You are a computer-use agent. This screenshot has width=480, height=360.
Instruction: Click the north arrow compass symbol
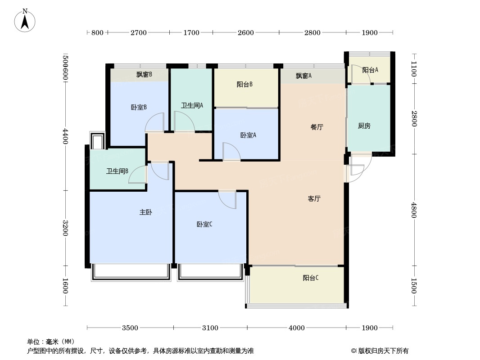point(25,20)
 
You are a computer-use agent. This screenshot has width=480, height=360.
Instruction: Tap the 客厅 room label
point(314,199)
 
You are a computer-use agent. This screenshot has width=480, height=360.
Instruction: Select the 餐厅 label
point(317,127)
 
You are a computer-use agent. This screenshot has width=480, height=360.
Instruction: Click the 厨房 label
point(364,126)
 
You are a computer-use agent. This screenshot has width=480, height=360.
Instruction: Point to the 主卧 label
point(146,212)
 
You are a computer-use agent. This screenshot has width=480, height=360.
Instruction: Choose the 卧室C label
point(204,224)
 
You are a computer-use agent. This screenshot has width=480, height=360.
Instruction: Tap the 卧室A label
point(248,135)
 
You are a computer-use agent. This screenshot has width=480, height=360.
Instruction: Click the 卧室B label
point(139,107)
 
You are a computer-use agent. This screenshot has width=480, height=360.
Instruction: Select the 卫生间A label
point(192,105)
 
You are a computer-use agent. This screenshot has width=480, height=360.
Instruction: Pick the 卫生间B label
point(117,171)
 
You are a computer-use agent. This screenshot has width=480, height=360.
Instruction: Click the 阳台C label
point(311,278)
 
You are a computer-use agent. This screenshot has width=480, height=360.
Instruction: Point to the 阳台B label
point(245,85)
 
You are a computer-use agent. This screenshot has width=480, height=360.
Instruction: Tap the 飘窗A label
point(303,76)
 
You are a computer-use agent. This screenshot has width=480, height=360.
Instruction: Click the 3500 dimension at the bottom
point(130,328)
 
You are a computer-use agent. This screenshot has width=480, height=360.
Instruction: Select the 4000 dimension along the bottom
point(297,328)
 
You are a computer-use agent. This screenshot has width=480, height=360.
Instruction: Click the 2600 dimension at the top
point(246,32)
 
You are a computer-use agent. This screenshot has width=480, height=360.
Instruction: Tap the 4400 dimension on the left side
point(65,136)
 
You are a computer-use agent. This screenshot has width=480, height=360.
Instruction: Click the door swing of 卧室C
point(227,200)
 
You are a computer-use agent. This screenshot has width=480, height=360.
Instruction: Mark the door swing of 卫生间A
point(185,121)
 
